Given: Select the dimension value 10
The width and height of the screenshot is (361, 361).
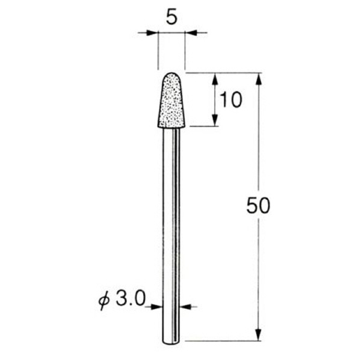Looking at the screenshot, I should point(230,100).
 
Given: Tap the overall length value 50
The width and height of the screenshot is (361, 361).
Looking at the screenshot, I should point(258,206).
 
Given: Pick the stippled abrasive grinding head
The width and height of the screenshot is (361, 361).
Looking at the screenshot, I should point(171,102).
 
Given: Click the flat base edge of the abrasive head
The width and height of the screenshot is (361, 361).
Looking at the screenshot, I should point(171,127).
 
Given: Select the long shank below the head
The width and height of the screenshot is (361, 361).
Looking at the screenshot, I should point(171,229).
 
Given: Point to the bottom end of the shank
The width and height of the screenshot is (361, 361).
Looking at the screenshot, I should point(171,342).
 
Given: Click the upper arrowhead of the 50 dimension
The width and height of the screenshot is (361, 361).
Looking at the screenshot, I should point(259,78).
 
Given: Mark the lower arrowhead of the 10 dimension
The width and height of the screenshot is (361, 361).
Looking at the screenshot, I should point(215,121).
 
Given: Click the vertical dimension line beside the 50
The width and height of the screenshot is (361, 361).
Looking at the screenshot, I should point(259,150).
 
